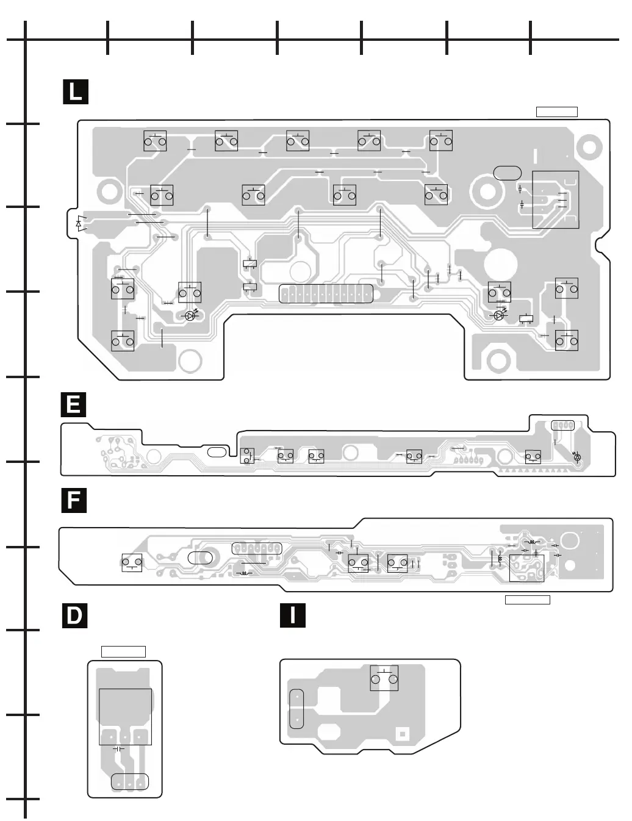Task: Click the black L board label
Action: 76,92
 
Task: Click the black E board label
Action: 73,405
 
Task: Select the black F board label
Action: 73,500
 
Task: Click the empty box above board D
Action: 123,651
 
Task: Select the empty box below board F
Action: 528,600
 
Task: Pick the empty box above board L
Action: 556,112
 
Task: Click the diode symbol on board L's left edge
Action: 79,224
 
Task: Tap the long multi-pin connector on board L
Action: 326,294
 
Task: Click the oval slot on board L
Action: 507,173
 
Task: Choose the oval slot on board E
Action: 216,453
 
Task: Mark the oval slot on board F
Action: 201,557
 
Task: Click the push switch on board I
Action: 384,678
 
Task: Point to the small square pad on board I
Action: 401,733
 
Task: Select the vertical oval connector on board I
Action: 296,708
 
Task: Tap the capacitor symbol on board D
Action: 119,748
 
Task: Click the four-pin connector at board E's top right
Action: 562,425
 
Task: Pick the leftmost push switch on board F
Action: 132,562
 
